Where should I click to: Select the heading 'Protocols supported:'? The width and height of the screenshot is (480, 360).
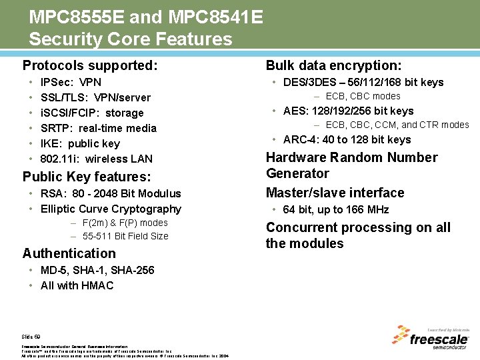pos(90,65)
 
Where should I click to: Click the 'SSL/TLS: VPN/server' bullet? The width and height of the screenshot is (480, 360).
pos(95,98)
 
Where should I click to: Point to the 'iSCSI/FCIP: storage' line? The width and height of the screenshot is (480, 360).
pos(92,113)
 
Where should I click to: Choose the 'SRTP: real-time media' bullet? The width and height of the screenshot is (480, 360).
pos(98,128)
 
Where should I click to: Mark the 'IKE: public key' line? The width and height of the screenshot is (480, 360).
pos(80,143)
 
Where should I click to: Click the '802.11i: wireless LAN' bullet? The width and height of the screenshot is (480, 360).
pos(96,159)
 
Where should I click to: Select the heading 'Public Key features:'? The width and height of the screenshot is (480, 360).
pos(87,177)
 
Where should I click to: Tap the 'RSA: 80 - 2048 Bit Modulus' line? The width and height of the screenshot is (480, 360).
pos(111,194)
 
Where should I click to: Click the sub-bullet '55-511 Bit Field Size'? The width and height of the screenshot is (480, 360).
pos(125,236)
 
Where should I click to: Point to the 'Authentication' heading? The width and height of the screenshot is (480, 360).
pos(69,253)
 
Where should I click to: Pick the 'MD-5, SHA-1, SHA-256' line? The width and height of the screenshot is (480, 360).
pos(97,270)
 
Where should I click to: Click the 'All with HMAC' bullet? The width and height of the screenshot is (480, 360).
pos(77,285)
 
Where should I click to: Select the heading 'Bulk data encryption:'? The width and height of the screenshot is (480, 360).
pos(333,65)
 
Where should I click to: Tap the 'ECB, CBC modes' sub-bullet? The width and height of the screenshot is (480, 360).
pos(363,97)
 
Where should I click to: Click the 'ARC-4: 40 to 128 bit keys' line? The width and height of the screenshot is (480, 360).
pos(347,140)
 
